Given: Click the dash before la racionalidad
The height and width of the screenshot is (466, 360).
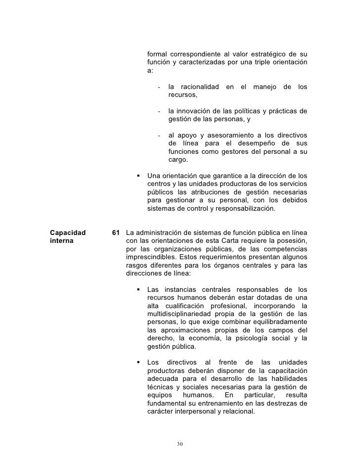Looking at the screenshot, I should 159,87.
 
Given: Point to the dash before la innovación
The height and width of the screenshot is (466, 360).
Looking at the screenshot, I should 159,111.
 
